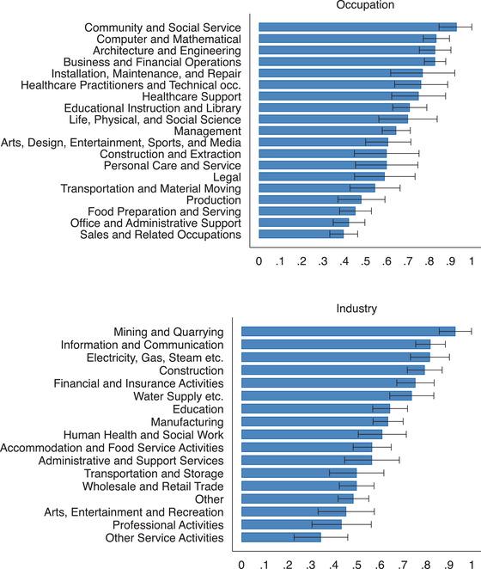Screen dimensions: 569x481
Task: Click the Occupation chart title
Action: pyautogui.click(x=364, y=5)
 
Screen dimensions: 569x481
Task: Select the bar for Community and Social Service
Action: pyautogui.click(x=356, y=27)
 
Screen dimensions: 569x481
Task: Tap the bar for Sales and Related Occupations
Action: pyautogui.click(x=301, y=233)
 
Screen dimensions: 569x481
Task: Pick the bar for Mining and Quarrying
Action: pyautogui.click(x=348, y=331)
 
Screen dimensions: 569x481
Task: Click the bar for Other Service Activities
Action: pyautogui.click(x=281, y=537)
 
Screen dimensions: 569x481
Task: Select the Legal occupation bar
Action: pyautogui.click(x=321, y=176)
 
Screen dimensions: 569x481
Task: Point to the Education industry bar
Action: pyautogui.click(x=315, y=408)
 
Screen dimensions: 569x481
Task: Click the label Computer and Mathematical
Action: pyautogui.click(x=168, y=40)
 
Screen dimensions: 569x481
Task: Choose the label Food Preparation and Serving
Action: pyautogui.click(x=164, y=211)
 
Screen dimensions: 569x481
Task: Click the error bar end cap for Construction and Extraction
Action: pyautogui.click(x=418, y=153)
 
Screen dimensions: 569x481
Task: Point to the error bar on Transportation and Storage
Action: pyautogui.click(x=356, y=473)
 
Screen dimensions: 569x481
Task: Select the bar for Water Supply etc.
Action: pyautogui.click(x=326, y=395)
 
